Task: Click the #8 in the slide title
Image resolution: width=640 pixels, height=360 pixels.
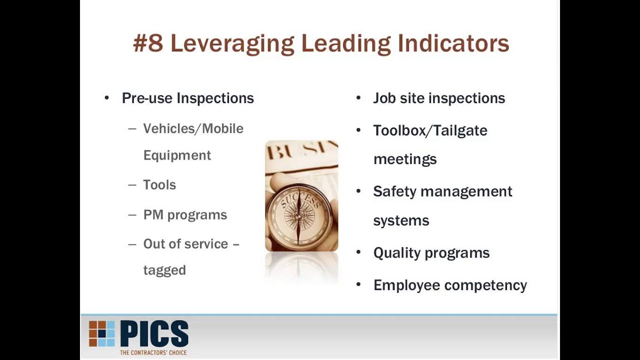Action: tap(148, 43)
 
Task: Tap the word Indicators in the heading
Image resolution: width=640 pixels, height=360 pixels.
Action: tap(453, 43)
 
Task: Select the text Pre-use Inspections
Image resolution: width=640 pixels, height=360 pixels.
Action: tap(188, 98)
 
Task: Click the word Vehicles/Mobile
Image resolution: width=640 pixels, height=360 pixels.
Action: tap(193, 128)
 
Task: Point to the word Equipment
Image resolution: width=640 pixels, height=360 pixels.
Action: tap(177, 155)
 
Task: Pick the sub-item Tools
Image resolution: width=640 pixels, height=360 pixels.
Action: tap(159, 185)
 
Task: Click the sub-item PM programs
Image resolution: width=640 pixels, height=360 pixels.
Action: tap(185, 215)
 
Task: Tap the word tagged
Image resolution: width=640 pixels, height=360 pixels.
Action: tap(164, 270)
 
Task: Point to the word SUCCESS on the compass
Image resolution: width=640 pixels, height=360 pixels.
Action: tap(300, 197)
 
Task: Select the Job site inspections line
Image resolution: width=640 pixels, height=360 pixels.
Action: tap(439, 98)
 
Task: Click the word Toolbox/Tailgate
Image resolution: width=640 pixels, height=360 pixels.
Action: tap(430, 130)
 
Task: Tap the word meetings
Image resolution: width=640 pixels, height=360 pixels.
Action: tap(405, 159)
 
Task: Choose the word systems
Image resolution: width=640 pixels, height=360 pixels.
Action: tap(401, 220)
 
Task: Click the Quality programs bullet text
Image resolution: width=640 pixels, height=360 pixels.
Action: tap(431, 253)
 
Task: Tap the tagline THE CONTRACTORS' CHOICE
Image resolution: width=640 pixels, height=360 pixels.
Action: tap(153, 352)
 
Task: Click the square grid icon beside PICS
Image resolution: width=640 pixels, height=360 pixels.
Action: tap(102, 333)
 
